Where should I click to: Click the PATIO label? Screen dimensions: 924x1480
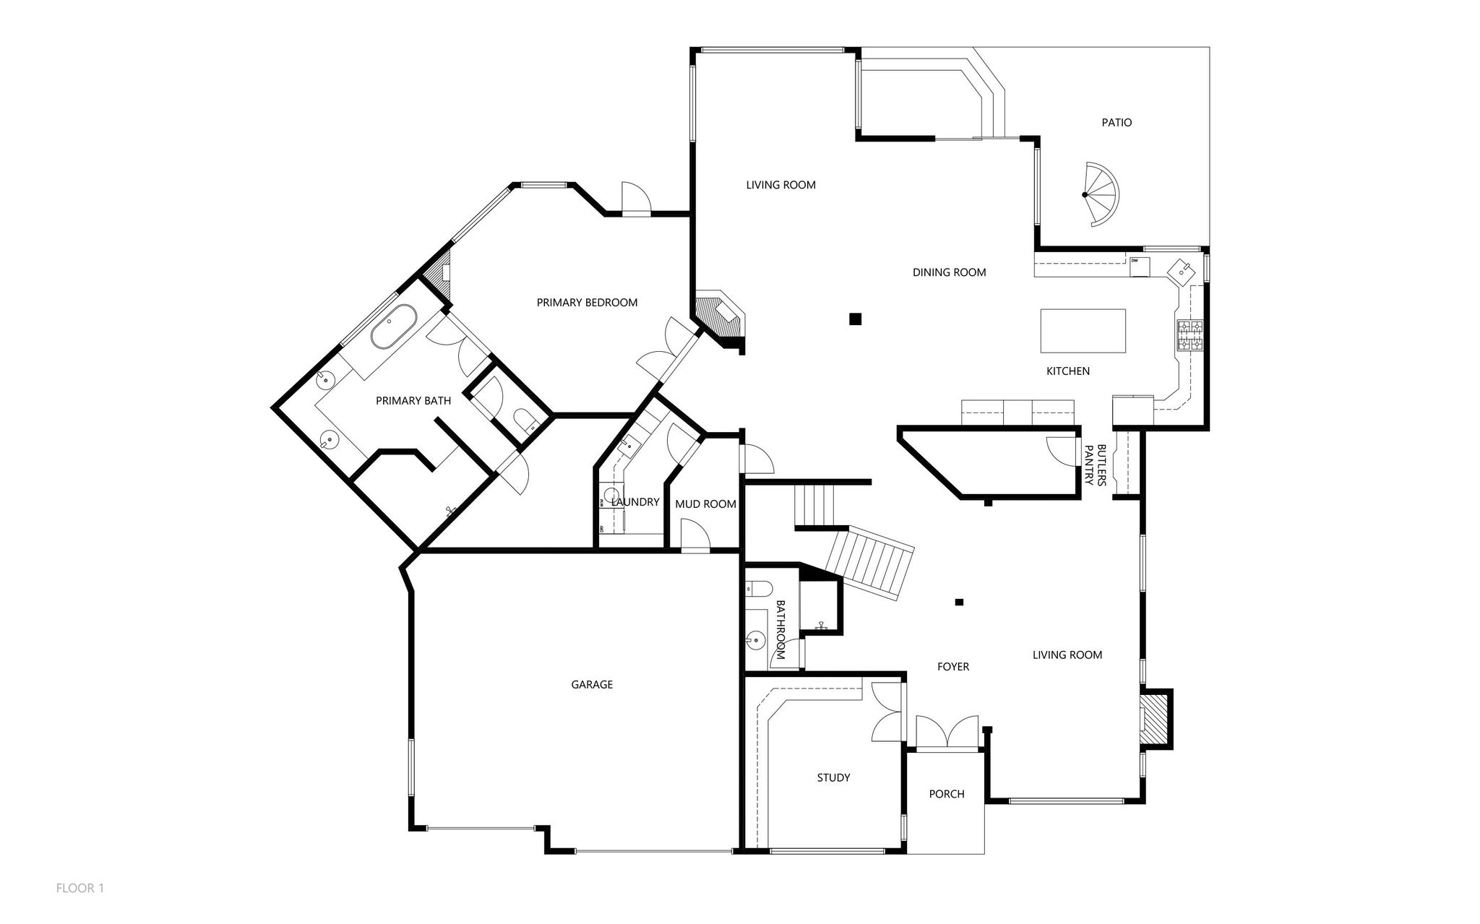(x=1117, y=123)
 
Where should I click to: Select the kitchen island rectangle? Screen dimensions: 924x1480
(x=1083, y=331)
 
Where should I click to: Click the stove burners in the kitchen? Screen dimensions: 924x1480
(x=1190, y=336)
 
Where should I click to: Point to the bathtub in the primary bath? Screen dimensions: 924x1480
(x=394, y=326)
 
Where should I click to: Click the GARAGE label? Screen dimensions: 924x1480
(x=592, y=685)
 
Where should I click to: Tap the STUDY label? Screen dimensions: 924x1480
(x=833, y=778)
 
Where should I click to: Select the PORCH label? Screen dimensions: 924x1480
(x=947, y=794)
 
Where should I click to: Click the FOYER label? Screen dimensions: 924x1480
(x=953, y=667)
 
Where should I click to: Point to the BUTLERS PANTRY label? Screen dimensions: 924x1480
(x=1096, y=465)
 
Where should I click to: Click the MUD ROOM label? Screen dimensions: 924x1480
(x=705, y=504)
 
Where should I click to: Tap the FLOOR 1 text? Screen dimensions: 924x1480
(x=80, y=889)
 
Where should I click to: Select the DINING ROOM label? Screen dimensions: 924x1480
(x=949, y=272)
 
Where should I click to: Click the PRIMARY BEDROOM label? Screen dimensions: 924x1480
(x=587, y=303)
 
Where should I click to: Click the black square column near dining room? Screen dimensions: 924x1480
(x=856, y=319)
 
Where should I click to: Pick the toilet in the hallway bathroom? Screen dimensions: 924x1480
(x=759, y=588)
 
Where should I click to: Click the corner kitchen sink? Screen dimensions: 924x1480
(x=1182, y=269)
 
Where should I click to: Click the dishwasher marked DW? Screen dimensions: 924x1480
(x=1140, y=266)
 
